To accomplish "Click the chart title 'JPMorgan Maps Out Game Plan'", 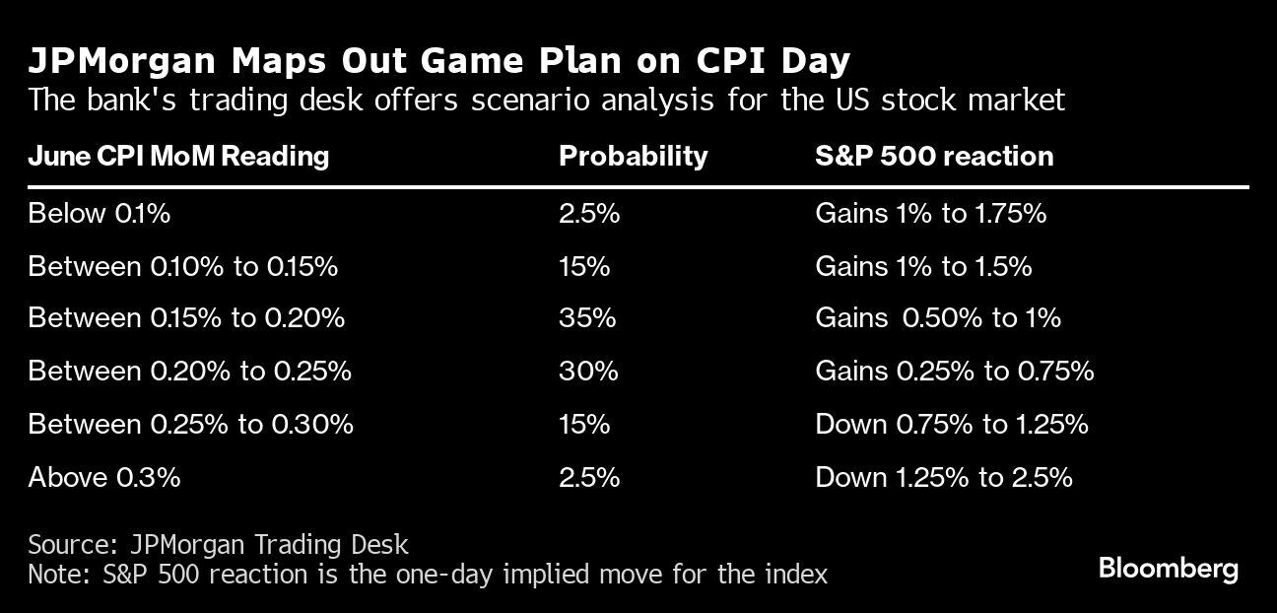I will (438, 61).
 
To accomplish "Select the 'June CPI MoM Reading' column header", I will (178, 156).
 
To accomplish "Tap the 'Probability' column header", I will (633, 156).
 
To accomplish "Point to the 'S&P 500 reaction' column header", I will (934, 156).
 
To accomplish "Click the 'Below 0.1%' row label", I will (99, 213).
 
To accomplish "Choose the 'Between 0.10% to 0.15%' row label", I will (182, 266).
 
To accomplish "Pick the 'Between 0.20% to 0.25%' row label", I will (189, 372).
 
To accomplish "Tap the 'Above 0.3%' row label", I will (103, 477).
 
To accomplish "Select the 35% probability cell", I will (587, 318).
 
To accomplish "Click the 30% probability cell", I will (588, 372).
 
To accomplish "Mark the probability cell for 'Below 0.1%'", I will (589, 213).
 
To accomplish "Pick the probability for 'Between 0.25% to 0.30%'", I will (584, 424).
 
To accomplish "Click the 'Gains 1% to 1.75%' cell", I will (930, 213).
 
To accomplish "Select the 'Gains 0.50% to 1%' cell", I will (938, 318).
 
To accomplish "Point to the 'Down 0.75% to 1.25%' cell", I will (952, 424).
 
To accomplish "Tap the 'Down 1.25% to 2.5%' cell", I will (943, 477).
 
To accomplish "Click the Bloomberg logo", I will (1168, 569).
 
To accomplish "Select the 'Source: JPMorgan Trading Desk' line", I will (218, 544).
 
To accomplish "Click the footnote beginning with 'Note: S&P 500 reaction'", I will (427, 574).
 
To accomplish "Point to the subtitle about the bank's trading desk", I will (546, 100).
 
